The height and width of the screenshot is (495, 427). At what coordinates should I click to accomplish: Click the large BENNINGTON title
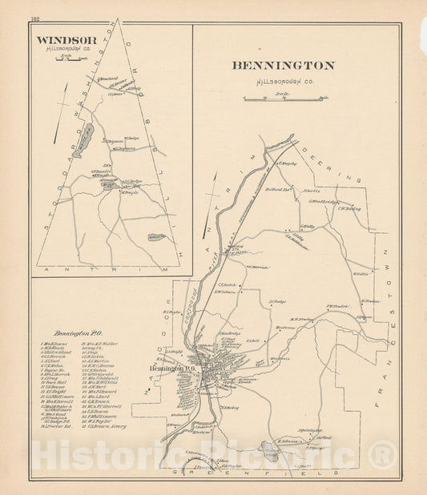click(x=284, y=66)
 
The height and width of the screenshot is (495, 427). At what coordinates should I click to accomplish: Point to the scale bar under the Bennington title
click(x=286, y=98)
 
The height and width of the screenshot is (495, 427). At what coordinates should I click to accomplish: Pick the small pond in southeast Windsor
click(x=155, y=237)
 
